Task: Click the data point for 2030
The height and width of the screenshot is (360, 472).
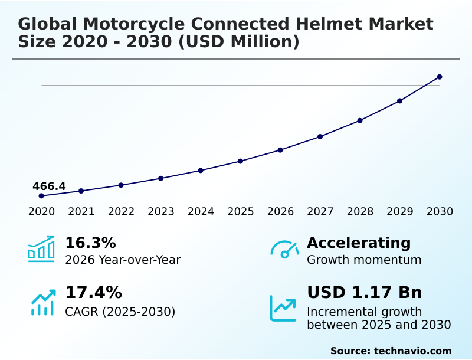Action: [440, 77]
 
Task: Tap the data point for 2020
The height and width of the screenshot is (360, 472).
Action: [41, 196]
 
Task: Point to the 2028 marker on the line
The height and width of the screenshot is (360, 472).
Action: [360, 120]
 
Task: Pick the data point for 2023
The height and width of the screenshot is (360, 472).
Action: [161, 178]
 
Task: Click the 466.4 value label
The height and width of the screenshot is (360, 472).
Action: [49, 186]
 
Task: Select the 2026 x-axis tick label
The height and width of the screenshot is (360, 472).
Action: [280, 212]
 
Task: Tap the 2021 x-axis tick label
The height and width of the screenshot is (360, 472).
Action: [81, 212]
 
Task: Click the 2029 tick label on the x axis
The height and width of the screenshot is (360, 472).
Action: [399, 212]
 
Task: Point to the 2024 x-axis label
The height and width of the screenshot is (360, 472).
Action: [201, 212]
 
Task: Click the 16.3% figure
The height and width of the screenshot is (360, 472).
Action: [90, 243]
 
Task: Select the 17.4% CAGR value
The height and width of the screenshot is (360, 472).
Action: [93, 293]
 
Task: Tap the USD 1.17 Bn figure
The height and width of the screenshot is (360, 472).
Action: [365, 293]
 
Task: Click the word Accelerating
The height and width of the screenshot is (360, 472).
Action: [359, 243]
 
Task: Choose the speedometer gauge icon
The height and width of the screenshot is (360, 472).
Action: [284, 250]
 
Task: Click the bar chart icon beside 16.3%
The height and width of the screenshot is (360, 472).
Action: [41, 249]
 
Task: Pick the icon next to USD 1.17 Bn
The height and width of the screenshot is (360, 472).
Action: [283, 307]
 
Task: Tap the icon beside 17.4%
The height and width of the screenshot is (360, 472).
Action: [42, 303]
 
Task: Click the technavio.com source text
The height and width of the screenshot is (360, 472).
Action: [412, 351]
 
